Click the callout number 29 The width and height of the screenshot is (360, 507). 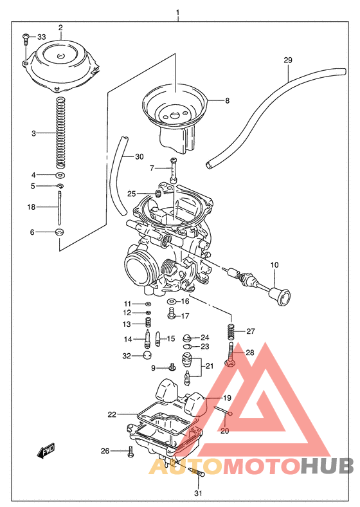pos(288,60)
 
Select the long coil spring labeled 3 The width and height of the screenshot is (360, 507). pos(60,133)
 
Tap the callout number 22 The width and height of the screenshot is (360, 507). pos(112,414)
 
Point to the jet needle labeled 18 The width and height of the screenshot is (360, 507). pos(59,207)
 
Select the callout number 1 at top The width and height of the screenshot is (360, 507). pos(177,12)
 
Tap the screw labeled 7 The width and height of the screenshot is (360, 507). pos(173,170)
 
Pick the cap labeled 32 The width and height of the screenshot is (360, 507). pos(146,355)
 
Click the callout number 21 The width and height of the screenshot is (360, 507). pos(210,367)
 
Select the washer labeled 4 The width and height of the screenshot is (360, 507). pos(60,175)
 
